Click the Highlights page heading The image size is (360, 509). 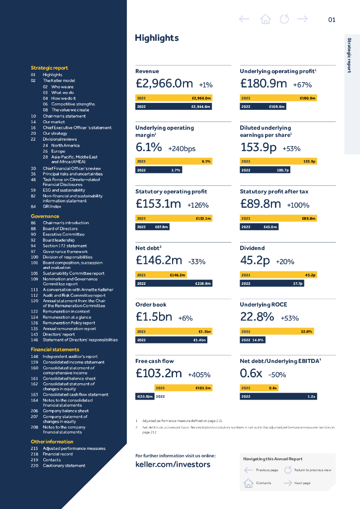tap(157, 38)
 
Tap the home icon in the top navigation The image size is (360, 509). tap(266, 19)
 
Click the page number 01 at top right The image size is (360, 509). tap(332, 20)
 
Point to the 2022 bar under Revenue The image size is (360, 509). tap(174, 106)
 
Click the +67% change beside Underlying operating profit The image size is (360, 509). tap(302, 85)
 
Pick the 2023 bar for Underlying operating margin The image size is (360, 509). tap(174, 162)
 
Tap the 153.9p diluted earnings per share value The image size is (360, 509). tap(258, 148)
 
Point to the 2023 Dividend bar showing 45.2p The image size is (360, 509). tap(278, 275)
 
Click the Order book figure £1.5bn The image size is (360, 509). tap(154, 318)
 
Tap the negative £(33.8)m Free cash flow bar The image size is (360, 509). tap(145, 397)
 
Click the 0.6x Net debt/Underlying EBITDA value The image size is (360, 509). tap(251, 374)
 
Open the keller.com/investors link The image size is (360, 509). tap(173, 465)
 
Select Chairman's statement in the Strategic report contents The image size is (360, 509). tap(64, 116)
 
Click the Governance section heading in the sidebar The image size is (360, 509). tap(45, 216)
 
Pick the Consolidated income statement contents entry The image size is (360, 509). tap(74, 362)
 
